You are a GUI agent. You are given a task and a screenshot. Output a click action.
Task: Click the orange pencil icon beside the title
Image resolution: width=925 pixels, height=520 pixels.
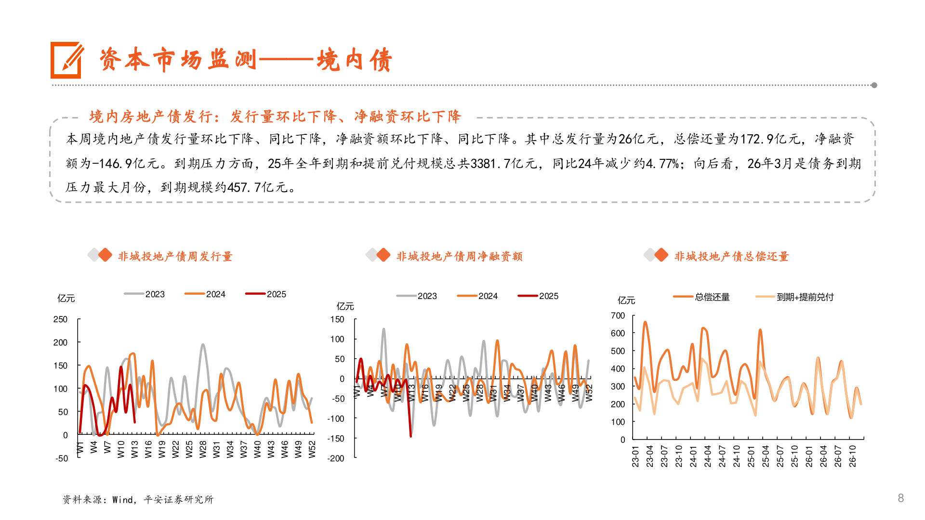66,60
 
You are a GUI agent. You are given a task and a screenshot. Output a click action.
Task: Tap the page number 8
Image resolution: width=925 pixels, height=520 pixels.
900,498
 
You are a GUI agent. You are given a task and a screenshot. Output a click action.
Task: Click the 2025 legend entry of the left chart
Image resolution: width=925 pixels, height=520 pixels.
266,294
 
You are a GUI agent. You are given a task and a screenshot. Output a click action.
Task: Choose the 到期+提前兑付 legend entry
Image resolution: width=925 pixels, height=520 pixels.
795,297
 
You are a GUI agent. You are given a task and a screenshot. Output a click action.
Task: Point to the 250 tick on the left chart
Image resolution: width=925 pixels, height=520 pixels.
60,319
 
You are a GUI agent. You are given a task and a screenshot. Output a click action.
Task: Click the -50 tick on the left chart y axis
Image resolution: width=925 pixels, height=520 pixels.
62,458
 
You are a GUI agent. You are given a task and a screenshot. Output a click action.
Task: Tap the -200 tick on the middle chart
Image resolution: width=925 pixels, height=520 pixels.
336,458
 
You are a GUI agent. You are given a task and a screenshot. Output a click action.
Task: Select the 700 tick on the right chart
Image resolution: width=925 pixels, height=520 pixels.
618,315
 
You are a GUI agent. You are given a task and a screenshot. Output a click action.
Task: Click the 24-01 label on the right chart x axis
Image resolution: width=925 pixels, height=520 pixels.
693,456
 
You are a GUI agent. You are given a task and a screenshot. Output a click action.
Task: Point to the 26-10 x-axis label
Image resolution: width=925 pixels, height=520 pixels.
853,456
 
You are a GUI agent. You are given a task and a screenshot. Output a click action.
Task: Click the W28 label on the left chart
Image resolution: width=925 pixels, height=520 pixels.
203,449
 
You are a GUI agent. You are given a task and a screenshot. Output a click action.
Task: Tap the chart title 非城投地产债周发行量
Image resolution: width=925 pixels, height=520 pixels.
175,256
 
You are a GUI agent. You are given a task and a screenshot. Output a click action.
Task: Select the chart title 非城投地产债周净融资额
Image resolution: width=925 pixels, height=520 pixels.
459,256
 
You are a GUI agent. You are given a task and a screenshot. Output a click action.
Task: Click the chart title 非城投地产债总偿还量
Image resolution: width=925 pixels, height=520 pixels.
731,256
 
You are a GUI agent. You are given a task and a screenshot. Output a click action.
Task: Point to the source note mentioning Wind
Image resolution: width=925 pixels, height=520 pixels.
138,499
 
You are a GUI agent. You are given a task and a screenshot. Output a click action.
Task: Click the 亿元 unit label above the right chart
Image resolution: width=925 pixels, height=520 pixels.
626,300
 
